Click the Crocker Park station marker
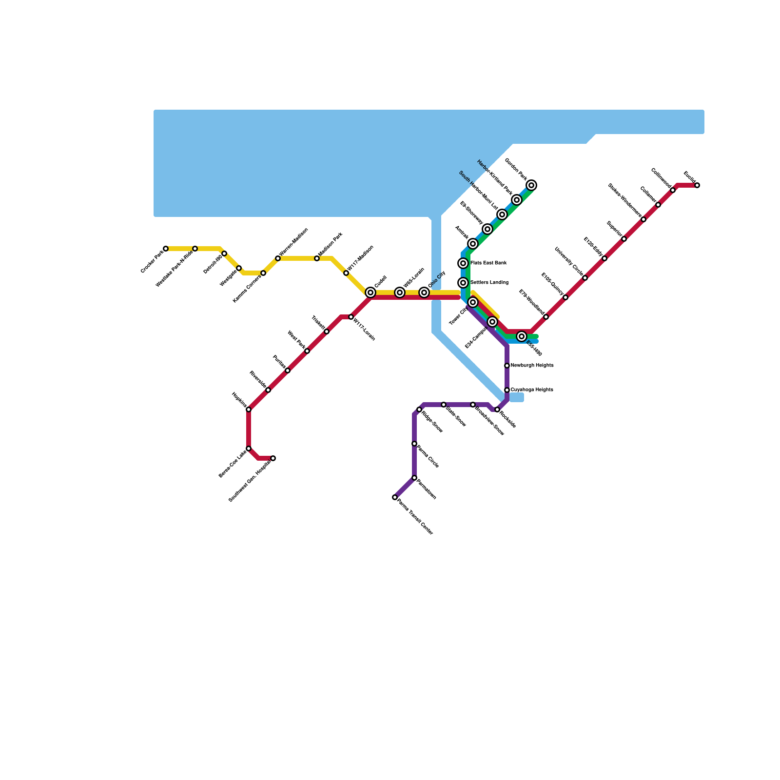(x=166, y=249)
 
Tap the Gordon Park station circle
(x=531, y=185)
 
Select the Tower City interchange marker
(x=473, y=302)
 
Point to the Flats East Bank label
(x=488, y=263)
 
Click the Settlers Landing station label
(x=489, y=283)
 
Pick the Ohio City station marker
(x=424, y=292)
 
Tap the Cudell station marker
(x=370, y=292)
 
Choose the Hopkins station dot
(x=249, y=409)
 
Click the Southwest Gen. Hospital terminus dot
(x=273, y=458)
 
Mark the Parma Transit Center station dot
(x=395, y=497)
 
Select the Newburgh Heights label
(x=532, y=366)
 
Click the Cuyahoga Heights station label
(x=532, y=390)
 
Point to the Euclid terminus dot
(x=697, y=185)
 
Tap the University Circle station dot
(x=585, y=278)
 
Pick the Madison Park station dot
(x=317, y=258)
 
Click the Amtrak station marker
(x=473, y=244)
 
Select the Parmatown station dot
(x=414, y=478)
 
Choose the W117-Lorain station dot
(x=351, y=317)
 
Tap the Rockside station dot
(x=497, y=409)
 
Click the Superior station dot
(x=624, y=239)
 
